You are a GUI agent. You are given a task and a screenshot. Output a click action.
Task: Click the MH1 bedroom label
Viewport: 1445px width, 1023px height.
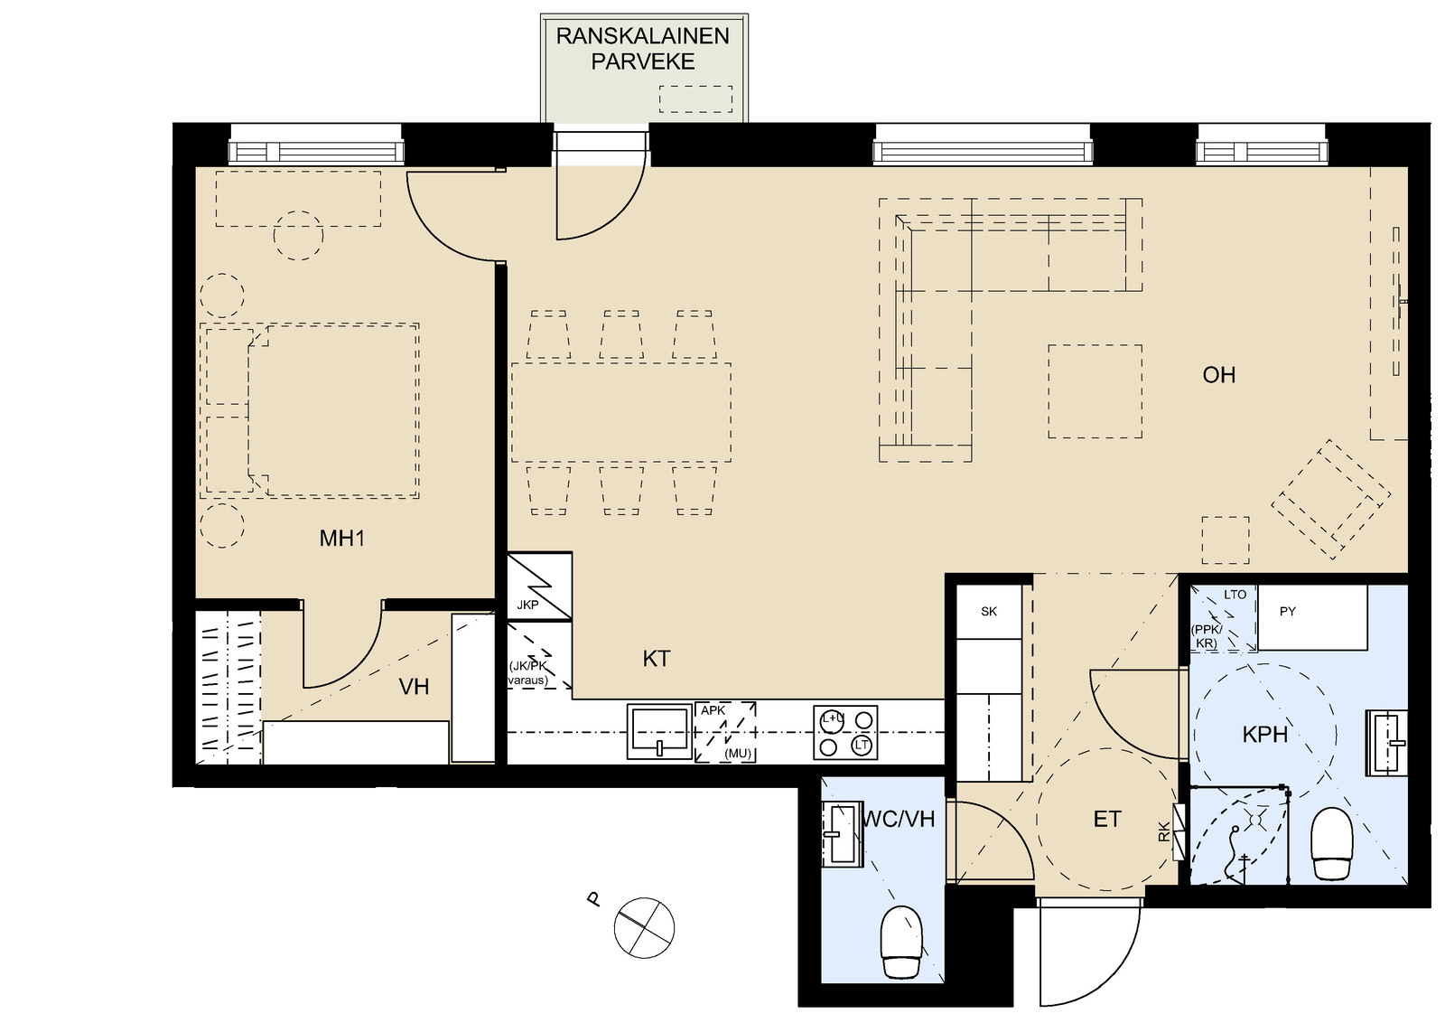[342, 539]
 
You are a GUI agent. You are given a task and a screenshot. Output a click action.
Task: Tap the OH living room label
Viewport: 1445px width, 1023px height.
[1218, 375]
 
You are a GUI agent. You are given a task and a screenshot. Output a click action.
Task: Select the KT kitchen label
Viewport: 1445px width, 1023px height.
[656, 658]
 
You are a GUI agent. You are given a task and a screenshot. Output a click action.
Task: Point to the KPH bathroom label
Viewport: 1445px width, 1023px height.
[1265, 735]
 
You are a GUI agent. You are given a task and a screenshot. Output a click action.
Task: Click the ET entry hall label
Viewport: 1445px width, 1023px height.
[1107, 819]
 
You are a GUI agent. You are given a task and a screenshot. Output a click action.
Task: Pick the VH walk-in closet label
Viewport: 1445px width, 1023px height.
[414, 687]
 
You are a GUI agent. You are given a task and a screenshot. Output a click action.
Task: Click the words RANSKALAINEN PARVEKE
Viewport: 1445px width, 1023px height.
[642, 49]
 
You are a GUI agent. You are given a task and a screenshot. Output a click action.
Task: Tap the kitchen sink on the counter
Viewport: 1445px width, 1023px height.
[659, 731]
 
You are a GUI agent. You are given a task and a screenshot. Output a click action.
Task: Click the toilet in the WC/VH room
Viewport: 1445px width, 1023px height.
[901, 942]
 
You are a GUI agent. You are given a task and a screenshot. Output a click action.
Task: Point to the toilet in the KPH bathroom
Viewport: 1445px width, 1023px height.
[1331, 843]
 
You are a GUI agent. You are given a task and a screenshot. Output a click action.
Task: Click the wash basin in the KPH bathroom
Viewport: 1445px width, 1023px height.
[1386, 743]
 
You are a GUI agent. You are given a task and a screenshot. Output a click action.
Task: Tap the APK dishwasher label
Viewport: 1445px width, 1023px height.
[713, 710]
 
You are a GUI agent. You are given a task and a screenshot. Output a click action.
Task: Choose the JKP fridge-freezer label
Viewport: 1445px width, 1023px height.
[527, 605]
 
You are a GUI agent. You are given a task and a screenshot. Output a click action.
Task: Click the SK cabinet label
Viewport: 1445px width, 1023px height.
[989, 611]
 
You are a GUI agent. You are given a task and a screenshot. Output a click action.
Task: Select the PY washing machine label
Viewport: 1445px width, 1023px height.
[1288, 611]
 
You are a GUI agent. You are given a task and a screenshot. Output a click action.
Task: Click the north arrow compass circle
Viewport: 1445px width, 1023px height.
[644, 928]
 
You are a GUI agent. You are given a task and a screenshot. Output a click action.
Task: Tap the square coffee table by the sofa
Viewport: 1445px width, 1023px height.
[1095, 391]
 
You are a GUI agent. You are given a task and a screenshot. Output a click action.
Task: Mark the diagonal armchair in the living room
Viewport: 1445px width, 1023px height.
[1331, 498]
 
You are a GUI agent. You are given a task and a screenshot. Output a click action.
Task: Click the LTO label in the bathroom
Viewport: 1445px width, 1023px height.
[1235, 595]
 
